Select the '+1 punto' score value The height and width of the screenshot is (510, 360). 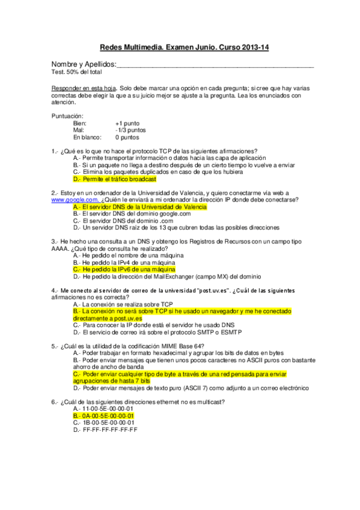point(127,123)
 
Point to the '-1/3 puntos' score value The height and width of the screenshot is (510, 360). point(130,130)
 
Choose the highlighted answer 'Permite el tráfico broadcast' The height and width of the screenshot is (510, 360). point(115,179)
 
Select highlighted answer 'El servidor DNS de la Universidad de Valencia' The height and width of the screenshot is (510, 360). point(140,206)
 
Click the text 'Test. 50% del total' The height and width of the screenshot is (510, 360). point(76,72)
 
